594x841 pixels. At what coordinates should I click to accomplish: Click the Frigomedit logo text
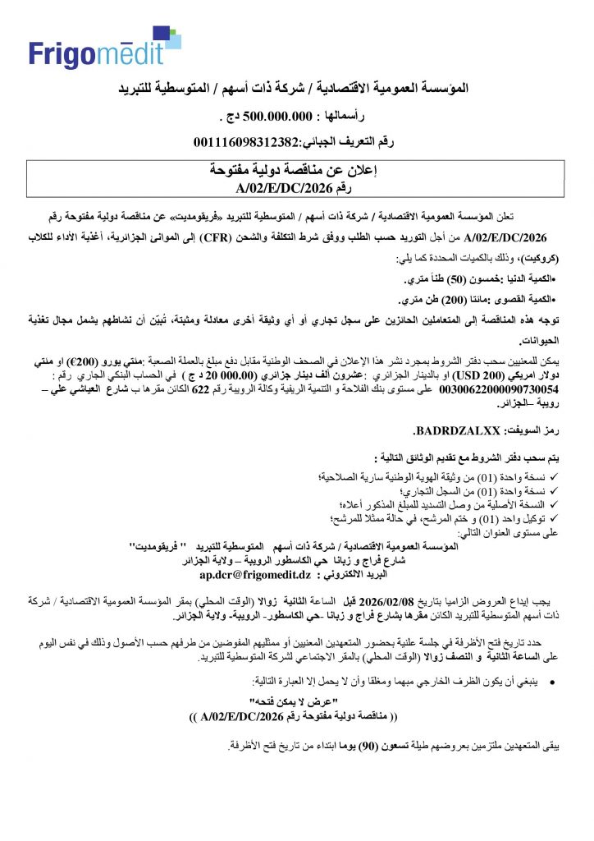(x=104, y=53)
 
